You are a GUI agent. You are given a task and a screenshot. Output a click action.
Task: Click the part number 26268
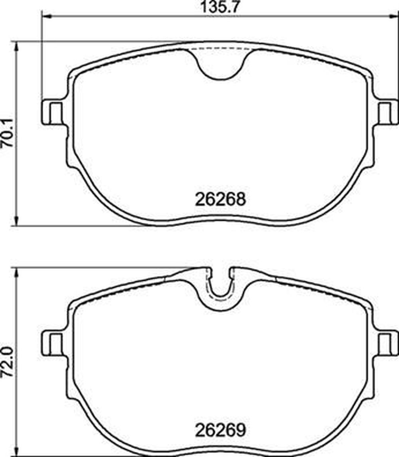220,199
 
